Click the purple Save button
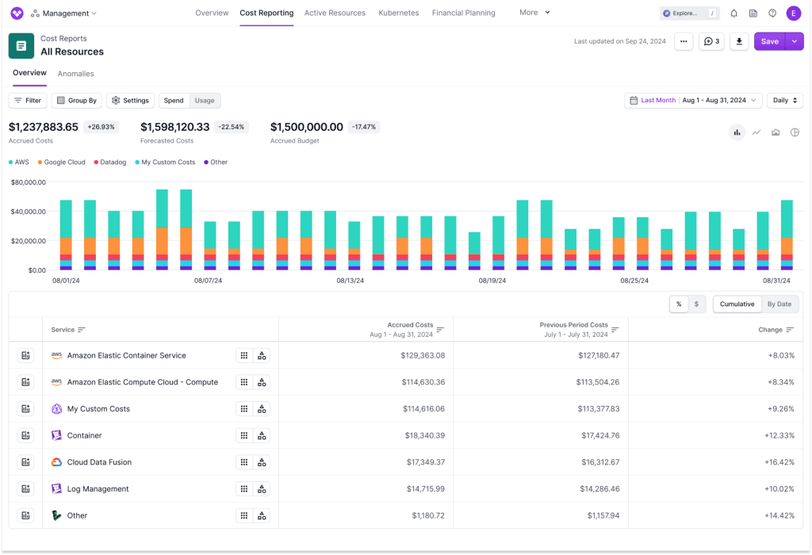point(769,41)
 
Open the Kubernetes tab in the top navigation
point(398,13)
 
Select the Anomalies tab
point(75,74)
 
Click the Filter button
point(28,101)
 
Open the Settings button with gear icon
point(131,101)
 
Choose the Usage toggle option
point(205,101)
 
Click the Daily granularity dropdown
point(785,101)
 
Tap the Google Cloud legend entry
point(61,162)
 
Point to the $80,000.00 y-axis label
point(29,182)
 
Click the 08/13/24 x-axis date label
point(350,281)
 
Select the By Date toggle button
point(779,304)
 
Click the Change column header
point(770,330)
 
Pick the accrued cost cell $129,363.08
point(423,356)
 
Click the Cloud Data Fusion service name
point(99,462)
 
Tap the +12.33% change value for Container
point(779,435)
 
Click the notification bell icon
point(733,13)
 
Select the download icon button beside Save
point(739,41)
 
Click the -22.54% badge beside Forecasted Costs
point(231,127)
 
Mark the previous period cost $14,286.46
point(599,488)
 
